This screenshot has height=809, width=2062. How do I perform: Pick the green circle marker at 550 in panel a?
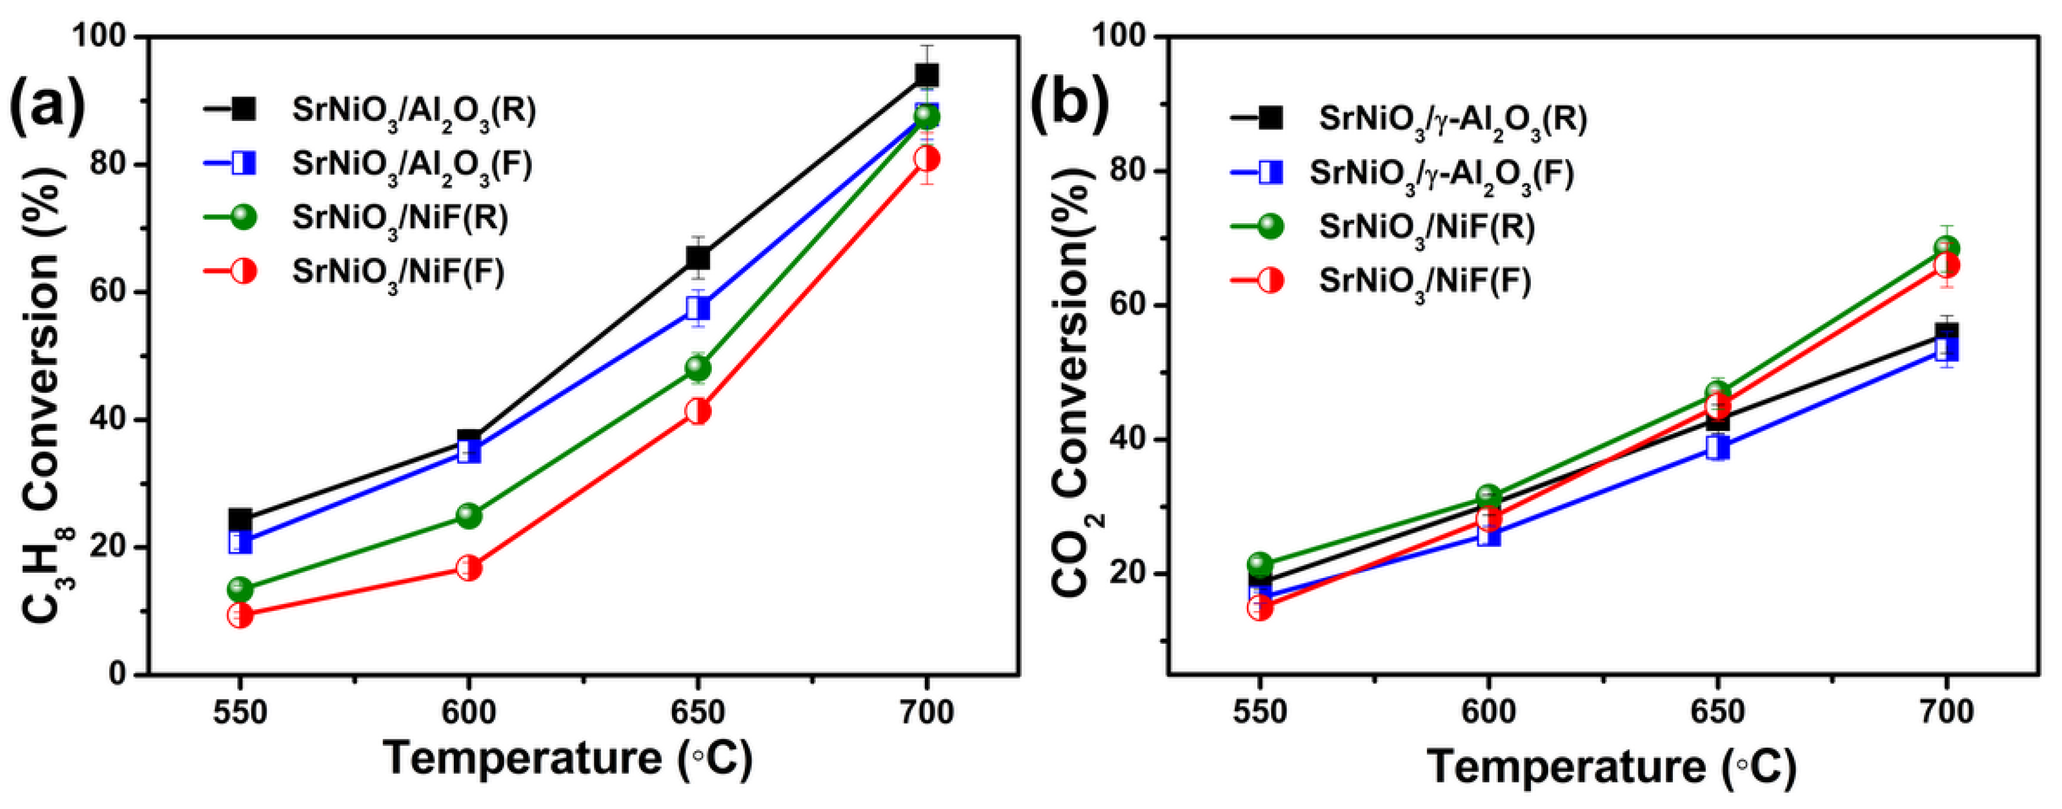pos(240,590)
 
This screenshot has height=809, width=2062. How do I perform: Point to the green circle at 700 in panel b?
pos(1947,248)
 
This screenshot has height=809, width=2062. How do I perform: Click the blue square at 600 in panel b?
pos(1488,535)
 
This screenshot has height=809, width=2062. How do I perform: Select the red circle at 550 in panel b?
pos(1259,608)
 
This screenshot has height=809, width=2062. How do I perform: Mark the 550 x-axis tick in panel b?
pos(1259,711)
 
